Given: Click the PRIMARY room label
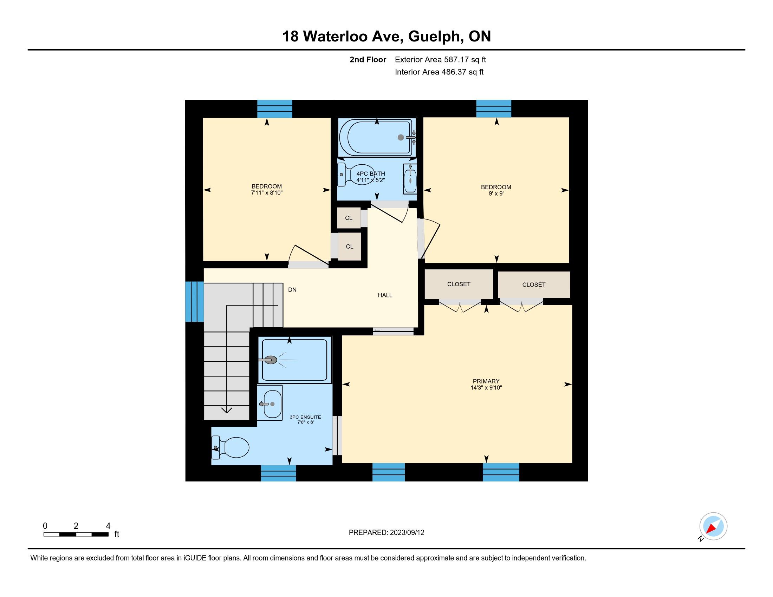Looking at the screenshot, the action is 486,381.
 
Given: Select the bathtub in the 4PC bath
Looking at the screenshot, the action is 377,137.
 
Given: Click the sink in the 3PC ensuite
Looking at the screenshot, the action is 270,403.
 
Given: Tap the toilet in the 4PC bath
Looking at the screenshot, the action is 355,175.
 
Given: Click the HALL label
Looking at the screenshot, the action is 385,295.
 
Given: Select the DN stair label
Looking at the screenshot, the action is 292,290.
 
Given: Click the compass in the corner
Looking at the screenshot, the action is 713,527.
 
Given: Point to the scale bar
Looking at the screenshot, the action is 76,534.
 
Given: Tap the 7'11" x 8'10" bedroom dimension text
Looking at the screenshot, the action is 267,193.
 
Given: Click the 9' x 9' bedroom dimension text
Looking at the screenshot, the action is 496,193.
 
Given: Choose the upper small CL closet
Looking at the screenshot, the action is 349,218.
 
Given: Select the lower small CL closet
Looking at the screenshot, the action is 350,247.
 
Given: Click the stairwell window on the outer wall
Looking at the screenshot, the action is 194,302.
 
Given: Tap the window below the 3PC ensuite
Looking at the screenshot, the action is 279,473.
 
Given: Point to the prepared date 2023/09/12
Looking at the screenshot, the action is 407,533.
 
